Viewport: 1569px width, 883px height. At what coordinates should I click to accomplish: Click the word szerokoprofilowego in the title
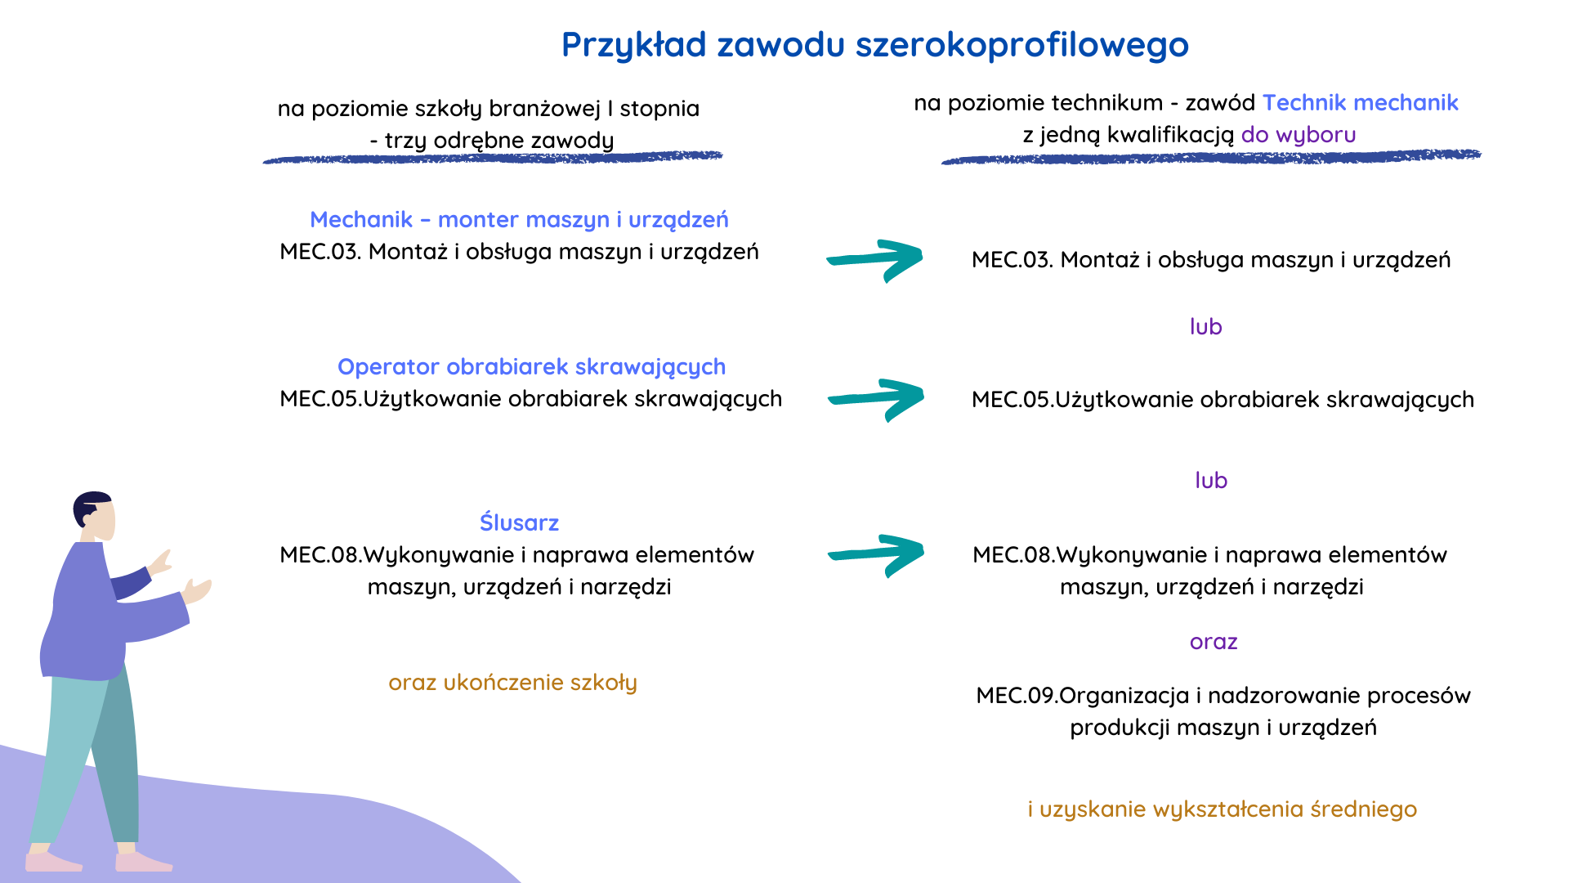(x=1021, y=46)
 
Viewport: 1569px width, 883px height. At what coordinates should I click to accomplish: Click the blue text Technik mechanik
(x=1361, y=103)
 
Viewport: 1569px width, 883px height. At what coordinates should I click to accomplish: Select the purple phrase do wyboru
(x=1299, y=135)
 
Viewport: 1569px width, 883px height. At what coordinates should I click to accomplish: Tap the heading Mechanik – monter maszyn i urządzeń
(x=519, y=220)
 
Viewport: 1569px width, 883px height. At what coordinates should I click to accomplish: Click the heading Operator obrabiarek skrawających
(x=531, y=367)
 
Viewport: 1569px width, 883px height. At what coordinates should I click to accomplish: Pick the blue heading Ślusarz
(x=519, y=522)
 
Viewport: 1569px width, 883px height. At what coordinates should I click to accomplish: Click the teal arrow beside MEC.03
(x=874, y=261)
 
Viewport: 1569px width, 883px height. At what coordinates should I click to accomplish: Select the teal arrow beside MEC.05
(x=875, y=400)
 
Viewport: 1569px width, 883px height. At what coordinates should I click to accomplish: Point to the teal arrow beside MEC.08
(x=875, y=555)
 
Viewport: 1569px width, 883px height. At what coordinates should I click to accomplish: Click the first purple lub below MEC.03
(x=1205, y=327)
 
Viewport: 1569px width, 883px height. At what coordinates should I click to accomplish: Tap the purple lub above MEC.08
(x=1211, y=481)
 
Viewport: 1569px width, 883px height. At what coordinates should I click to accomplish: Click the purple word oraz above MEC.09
(x=1214, y=643)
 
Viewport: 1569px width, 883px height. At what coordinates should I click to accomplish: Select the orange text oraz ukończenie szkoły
(x=512, y=683)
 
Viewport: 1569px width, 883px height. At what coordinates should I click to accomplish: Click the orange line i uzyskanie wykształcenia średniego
(x=1223, y=809)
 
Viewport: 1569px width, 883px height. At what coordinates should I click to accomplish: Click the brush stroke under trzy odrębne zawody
(x=493, y=157)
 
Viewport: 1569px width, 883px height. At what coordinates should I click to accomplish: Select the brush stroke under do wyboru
(x=1211, y=156)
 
